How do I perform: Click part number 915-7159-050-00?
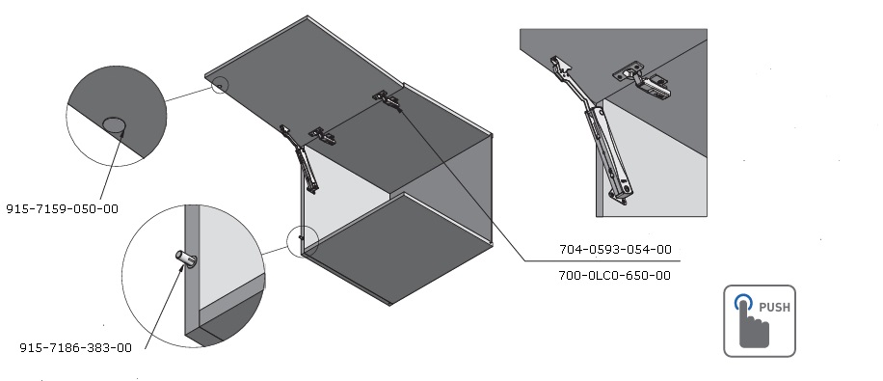pyautogui.click(x=62, y=209)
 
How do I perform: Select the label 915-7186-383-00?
pyautogui.click(x=75, y=348)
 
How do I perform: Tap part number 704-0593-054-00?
pyautogui.click(x=615, y=249)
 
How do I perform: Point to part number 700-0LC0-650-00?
pyautogui.click(x=614, y=276)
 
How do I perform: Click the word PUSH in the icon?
pyautogui.click(x=774, y=307)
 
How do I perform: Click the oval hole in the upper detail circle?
pyautogui.click(x=114, y=125)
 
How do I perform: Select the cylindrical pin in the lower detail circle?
pyautogui.click(x=186, y=259)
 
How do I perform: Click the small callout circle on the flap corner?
pyautogui.click(x=220, y=85)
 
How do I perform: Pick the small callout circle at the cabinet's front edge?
pyautogui.click(x=303, y=241)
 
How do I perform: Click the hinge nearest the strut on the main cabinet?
pyautogui.click(x=322, y=136)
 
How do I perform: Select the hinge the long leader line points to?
pyautogui.click(x=387, y=99)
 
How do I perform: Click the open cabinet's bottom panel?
pyautogui.click(x=398, y=248)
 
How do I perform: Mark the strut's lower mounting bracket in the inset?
pyautogui.click(x=618, y=195)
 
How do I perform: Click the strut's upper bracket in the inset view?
pyautogui.click(x=561, y=68)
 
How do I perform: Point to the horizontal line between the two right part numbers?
pyautogui.click(x=602, y=261)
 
